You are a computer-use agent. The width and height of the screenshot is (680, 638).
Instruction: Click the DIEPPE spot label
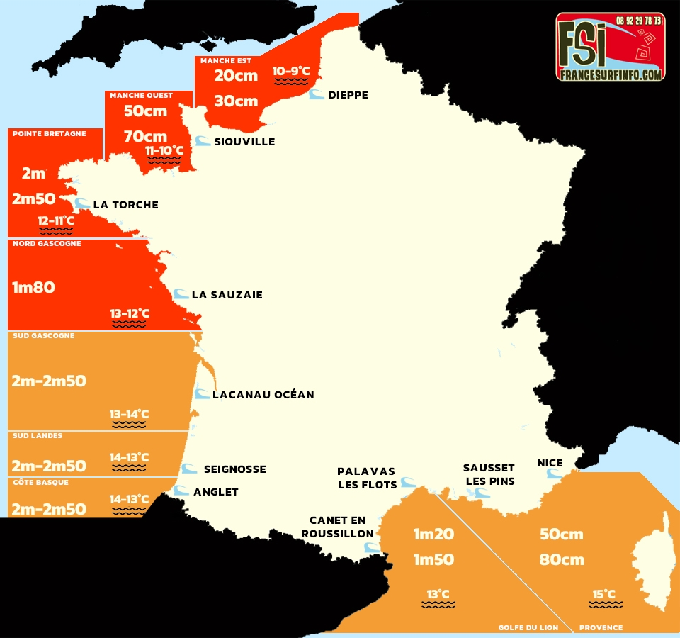(x=348, y=95)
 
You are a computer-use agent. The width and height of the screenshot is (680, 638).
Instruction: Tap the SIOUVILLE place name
(x=244, y=142)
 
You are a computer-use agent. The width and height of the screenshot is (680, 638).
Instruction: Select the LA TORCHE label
(x=125, y=205)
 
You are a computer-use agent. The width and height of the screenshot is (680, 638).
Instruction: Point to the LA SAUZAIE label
(x=227, y=295)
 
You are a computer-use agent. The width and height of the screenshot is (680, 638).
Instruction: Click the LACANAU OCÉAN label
(x=263, y=395)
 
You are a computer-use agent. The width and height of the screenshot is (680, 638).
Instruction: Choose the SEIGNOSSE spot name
(x=234, y=469)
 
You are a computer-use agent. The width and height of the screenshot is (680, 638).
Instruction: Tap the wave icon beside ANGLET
(x=182, y=491)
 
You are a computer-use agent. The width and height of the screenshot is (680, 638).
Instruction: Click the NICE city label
(x=550, y=464)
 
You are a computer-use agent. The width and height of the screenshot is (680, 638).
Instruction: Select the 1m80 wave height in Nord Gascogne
(x=33, y=288)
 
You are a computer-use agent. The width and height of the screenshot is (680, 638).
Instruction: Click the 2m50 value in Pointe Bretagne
(x=34, y=199)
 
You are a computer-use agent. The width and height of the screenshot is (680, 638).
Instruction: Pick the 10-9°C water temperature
(x=291, y=71)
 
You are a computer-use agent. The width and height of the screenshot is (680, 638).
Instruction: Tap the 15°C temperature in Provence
(x=604, y=594)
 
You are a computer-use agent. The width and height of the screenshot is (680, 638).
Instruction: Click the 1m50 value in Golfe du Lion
(x=433, y=559)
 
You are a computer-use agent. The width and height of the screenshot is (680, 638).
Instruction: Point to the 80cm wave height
(x=561, y=559)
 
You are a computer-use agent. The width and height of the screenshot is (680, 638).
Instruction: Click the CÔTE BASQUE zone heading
(x=40, y=482)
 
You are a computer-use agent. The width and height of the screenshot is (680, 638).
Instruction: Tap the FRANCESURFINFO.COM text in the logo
(x=610, y=74)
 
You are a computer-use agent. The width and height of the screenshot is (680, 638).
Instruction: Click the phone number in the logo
(x=638, y=21)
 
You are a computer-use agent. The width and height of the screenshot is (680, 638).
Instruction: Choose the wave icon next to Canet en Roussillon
(x=370, y=547)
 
